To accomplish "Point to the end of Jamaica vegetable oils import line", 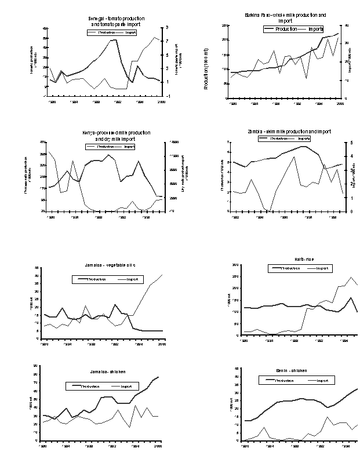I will [x=163, y=275].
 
